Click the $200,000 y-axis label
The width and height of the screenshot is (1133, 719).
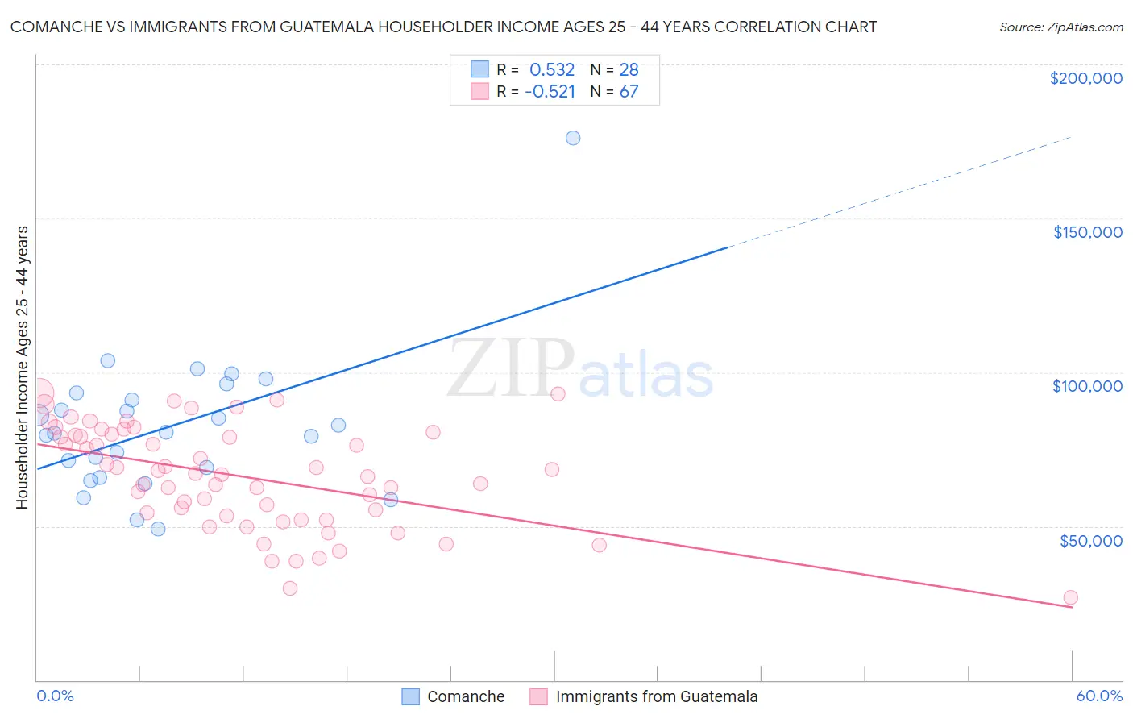coord(1085,78)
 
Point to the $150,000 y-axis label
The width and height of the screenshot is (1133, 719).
coord(1087,232)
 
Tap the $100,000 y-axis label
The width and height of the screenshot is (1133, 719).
coord(1087,386)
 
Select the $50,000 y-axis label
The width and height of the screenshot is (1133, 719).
coord(1090,540)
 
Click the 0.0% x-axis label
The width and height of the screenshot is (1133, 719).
coord(55,696)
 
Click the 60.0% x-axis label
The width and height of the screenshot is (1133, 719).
coord(1099,696)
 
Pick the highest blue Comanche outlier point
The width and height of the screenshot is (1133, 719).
coord(573,138)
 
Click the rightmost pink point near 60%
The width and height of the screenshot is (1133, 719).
coord(1070,597)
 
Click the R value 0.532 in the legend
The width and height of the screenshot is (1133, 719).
coord(552,70)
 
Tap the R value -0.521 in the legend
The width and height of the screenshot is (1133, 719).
coord(550,92)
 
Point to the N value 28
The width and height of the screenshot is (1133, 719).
coord(629,70)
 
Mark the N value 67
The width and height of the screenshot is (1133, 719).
coord(629,92)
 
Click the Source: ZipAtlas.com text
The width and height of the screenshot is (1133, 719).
coord(1060,27)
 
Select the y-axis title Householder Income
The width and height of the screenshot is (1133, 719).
coord(22,368)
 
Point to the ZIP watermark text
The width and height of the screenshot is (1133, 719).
coord(510,368)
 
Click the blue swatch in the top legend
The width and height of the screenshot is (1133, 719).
coord(479,69)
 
